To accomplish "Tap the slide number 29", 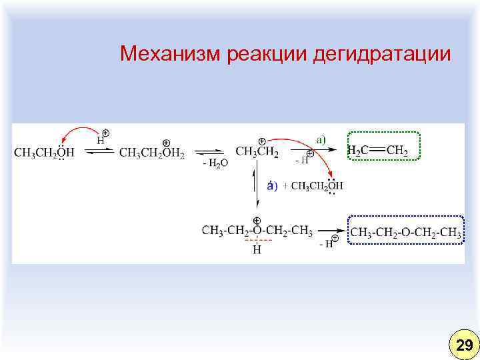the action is pyautogui.click(x=463, y=345).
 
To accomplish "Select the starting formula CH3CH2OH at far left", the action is pyautogui.click(x=44, y=153).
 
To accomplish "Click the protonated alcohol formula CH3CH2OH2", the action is pyautogui.click(x=151, y=153).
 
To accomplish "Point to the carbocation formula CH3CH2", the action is pyautogui.click(x=257, y=152).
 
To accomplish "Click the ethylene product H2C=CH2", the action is pyautogui.click(x=378, y=151).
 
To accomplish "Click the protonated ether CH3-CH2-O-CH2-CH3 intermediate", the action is pyautogui.click(x=257, y=231).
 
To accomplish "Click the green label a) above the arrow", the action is pyautogui.click(x=321, y=139).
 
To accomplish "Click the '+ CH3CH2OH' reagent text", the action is pyautogui.click(x=316, y=186).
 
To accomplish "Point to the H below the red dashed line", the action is pyautogui.click(x=257, y=250).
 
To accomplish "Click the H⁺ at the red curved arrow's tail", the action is pyautogui.click(x=102, y=139).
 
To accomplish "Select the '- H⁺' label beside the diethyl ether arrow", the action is pyautogui.click(x=329, y=244).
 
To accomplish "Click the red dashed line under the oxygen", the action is pyautogui.click(x=257, y=239).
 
